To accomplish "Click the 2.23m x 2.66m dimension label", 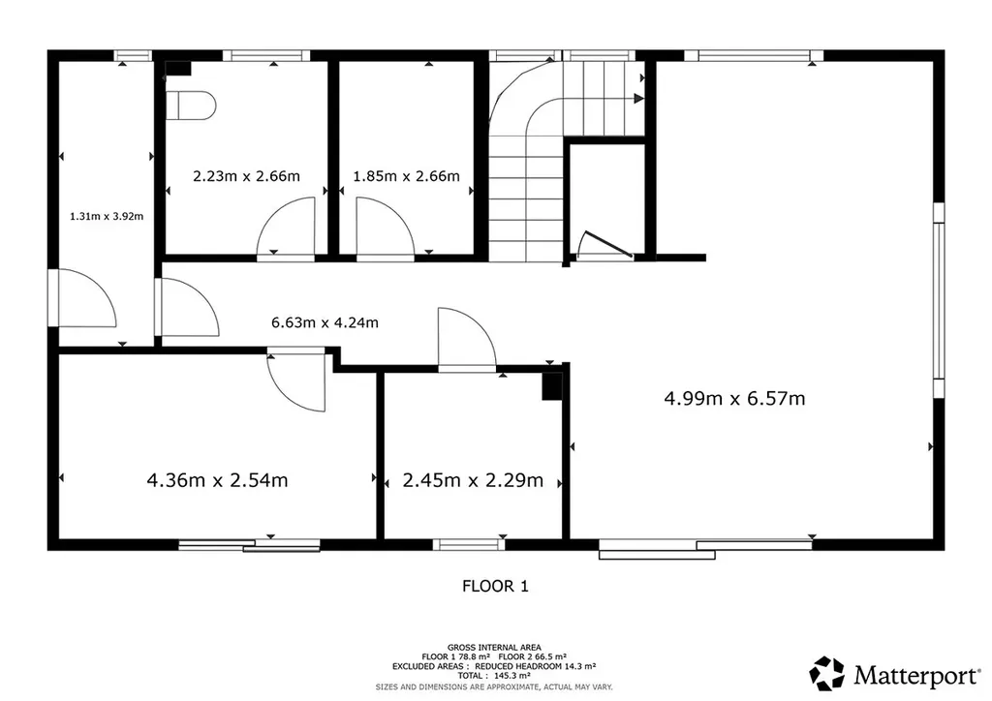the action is click(x=246, y=175).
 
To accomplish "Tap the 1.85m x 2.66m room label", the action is click(x=406, y=175).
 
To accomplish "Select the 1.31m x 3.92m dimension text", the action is click(x=107, y=216).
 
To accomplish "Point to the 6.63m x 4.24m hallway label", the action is click(x=325, y=322).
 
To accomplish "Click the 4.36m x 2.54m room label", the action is click(x=217, y=480).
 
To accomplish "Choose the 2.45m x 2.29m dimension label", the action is click(x=473, y=480).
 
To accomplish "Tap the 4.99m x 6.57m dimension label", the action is click(x=734, y=398).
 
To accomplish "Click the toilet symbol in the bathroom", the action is click(x=191, y=105).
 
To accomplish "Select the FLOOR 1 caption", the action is click(x=495, y=586).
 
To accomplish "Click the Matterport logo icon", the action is click(x=827, y=673).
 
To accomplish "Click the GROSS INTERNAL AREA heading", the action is click(x=494, y=648).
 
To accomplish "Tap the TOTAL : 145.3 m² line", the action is click(x=494, y=676).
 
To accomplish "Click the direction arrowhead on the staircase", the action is click(x=639, y=99).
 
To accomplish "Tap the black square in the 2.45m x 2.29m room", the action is click(x=552, y=386).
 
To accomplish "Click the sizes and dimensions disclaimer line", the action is click(x=494, y=686).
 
